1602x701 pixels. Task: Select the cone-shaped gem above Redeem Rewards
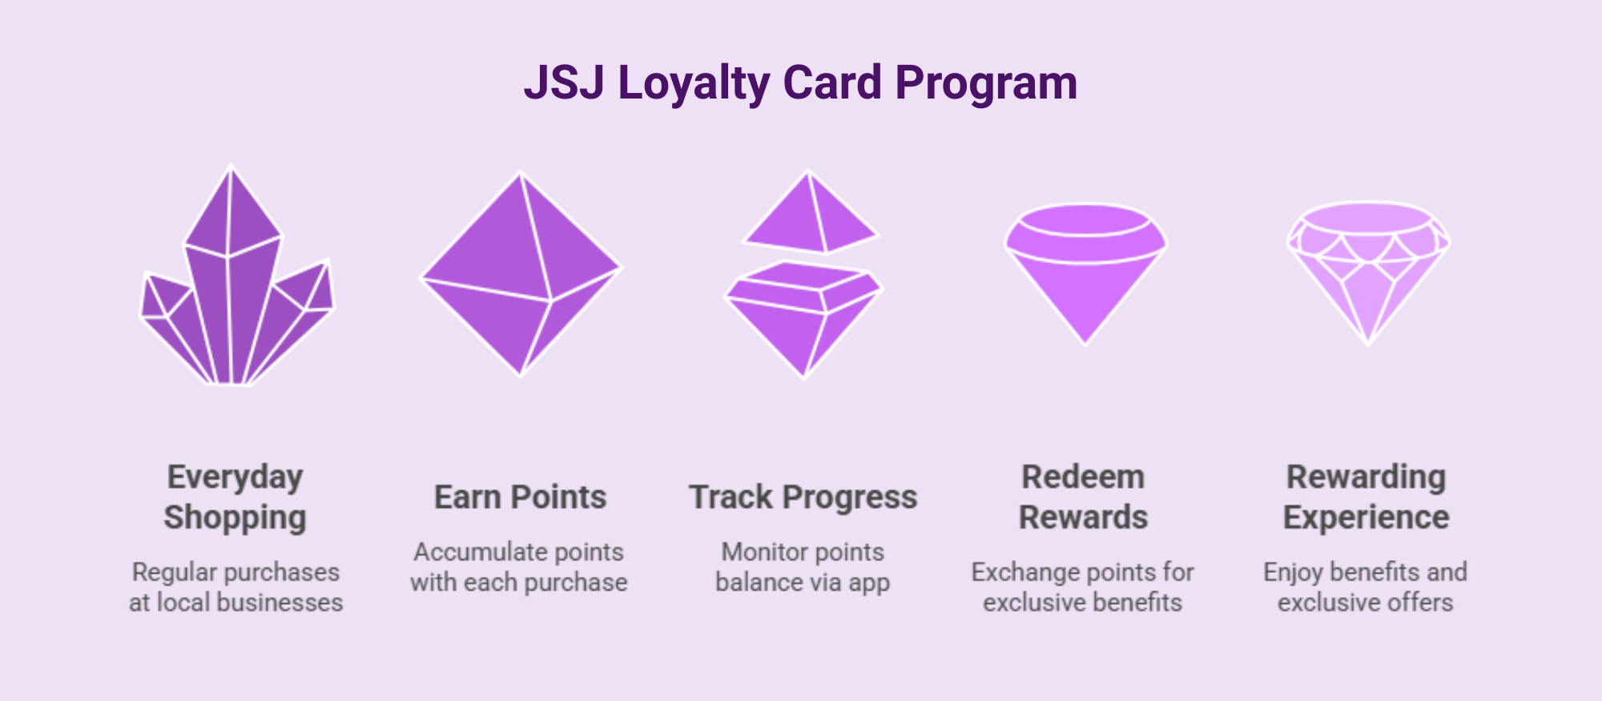[1085, 272]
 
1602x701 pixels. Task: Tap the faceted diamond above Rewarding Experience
[1368, 272]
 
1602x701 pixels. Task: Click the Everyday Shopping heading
[235, 497]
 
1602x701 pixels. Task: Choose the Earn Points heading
[521, 497]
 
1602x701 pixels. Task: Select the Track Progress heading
[803, 497]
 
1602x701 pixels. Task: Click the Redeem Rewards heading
[1084, 497]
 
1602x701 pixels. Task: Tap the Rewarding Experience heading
[1367, 497]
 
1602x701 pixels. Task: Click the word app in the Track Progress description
[868, 583]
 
